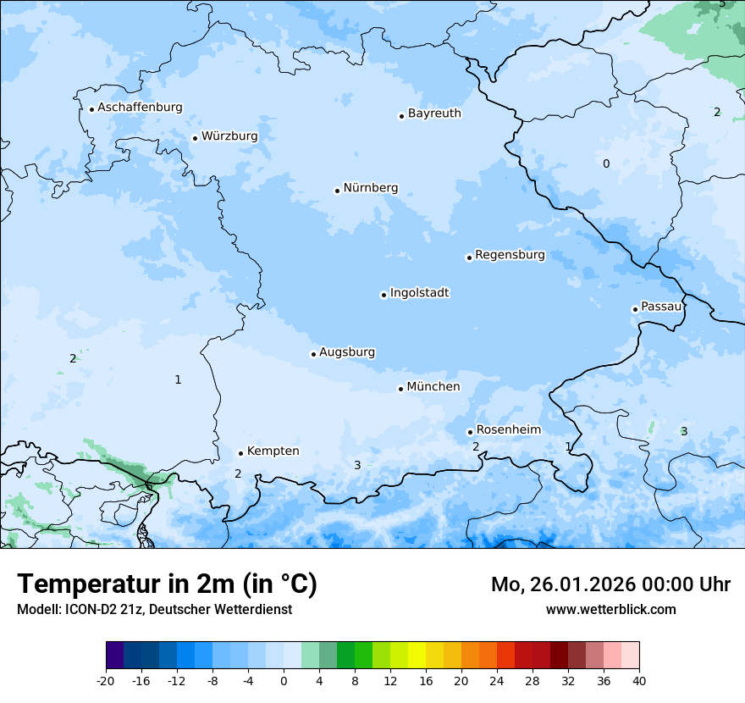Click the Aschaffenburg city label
[140, 108]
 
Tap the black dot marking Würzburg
[195, 138]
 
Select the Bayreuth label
[434, 113]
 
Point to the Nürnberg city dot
[337, 191]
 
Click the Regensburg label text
[510, 255]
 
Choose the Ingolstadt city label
[419, 293]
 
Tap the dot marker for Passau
[635, 309]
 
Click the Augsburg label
[347, 352]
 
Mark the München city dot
[400, 389]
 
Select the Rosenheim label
[508, 429]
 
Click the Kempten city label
[273, 451]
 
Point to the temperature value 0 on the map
[605, 163]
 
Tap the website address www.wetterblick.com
[610, 609]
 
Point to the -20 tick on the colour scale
[106, 681]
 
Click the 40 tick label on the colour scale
[639, 681]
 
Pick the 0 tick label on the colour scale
[284, 681]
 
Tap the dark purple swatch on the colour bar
[114, 656]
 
